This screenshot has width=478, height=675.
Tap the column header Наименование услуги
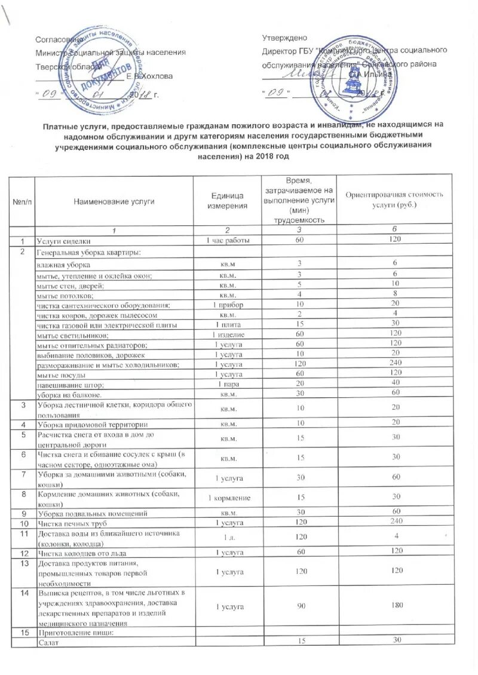(114, 201)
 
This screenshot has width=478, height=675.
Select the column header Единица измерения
(227, 201)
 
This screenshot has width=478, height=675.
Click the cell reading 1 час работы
(227, 240)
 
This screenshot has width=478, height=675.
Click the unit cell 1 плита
(227, 324)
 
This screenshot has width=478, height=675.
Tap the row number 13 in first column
(22, 563)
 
